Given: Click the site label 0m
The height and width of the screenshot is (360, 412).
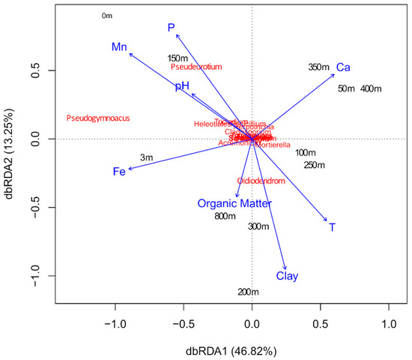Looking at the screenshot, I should pos(106,16).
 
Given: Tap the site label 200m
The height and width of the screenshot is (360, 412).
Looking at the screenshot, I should pos(248,292).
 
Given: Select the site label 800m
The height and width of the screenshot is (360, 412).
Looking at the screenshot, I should pos(225,217).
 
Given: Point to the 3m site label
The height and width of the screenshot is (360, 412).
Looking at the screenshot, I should pos(146,157).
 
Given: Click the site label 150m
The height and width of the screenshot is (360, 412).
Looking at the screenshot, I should pos(178,58).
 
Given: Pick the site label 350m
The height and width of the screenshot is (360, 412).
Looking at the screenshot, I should pos(319,67).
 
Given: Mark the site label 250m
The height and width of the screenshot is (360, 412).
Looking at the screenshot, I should pos(314,165).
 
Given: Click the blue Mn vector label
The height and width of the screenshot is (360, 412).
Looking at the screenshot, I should pos(119,47).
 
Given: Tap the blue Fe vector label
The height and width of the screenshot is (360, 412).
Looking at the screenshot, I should pos(118,172).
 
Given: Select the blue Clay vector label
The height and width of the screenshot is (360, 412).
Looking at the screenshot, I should pos(287,276).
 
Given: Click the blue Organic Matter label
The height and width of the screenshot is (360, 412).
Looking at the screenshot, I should pos(234,203).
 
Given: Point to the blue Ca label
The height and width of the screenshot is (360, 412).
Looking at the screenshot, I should pos(343,67).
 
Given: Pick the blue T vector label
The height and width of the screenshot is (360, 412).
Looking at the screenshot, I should pos(332,226).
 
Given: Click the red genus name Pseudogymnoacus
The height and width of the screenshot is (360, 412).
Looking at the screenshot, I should pos(98,118).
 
